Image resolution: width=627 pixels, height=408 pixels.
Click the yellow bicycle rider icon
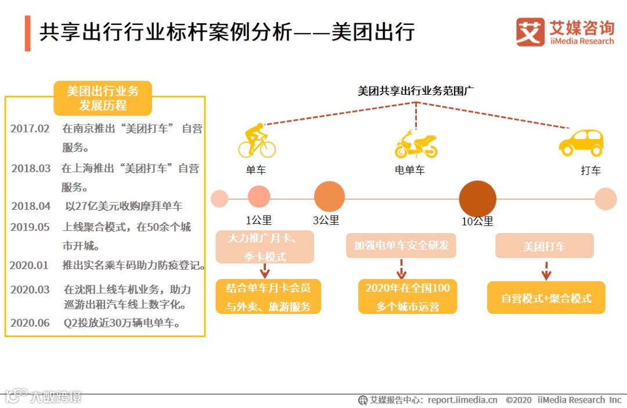point(257,141)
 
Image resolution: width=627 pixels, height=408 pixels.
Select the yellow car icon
point(581,143)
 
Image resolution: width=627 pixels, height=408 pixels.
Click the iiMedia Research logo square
point(530,32)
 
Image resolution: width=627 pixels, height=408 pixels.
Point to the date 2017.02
point(30,129)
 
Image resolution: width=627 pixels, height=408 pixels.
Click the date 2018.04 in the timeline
point(31,206)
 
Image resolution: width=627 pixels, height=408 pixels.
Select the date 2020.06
point(30,323)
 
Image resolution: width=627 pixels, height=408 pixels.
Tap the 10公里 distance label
point(477,221)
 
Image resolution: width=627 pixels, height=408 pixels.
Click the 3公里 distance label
point(326,221)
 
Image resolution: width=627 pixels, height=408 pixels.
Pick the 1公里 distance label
point(258,221)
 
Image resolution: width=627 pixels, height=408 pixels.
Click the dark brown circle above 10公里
point(478,198)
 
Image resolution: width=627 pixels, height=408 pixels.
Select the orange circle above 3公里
point(329,196)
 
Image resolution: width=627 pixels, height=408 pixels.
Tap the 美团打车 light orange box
point(544,246)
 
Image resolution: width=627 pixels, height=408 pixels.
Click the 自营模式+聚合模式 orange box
point(546,298)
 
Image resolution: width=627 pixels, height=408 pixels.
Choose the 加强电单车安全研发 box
point(401,245)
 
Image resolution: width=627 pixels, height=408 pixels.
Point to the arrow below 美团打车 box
point(546,271)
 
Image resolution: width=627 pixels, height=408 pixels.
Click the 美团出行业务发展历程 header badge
point(103,98)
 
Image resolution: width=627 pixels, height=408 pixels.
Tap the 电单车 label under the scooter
point(410,171)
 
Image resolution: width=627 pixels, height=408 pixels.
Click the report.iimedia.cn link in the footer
point(463,400)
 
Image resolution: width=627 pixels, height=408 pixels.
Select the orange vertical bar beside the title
point(27,33)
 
